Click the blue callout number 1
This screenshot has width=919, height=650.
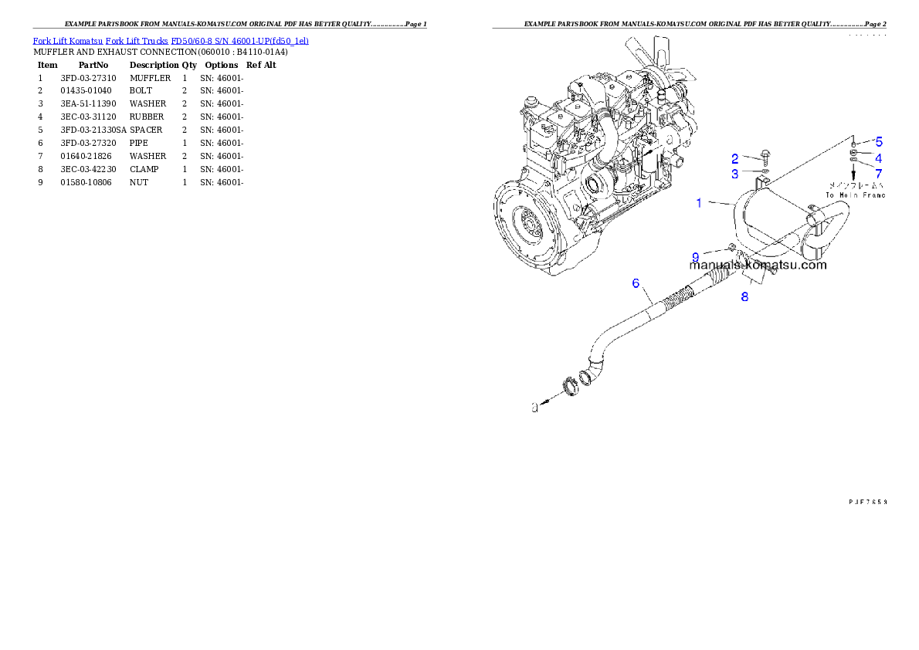(699, 203)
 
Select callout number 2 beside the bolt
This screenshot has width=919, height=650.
(735, 158)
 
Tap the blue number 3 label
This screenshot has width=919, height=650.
(735, 174)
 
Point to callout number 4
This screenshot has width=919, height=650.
(878, 157)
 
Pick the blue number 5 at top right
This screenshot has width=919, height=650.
(878, 142)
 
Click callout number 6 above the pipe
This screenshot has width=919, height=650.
(636, 283)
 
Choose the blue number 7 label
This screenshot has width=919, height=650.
(878, 173)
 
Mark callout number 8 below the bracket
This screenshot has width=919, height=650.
(744, 296)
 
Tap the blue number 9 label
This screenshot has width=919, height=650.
(695, 256)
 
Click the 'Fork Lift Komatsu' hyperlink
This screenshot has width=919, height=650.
(67, 40)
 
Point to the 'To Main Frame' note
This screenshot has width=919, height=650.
(855, 195)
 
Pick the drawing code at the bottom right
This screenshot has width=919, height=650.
(867, 501)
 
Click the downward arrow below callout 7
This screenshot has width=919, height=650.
(853, 177)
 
